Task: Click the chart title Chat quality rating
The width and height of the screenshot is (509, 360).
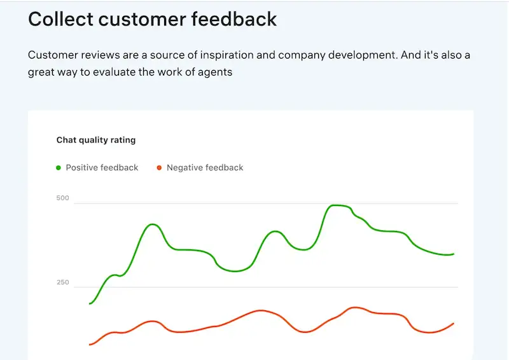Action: click(96, 140)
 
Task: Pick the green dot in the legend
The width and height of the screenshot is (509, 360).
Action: click(59, 168)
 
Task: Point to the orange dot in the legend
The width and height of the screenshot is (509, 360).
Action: click(159, 168)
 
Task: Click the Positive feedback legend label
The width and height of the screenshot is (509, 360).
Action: click(102, 168)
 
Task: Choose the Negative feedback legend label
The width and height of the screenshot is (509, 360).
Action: click(205, 168)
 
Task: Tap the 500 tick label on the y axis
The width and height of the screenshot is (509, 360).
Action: click(62, 198)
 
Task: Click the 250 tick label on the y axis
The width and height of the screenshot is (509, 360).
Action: click(62, 282)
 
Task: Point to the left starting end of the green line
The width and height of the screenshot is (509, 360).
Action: click(90, 303)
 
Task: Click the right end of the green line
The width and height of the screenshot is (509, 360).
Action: click(453, 254)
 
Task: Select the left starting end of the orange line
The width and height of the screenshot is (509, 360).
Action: click(90, 345)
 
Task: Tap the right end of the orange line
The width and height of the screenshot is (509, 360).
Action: click(453, 324)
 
